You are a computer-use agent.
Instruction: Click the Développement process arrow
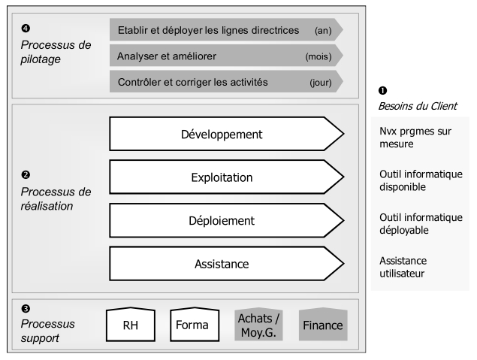227,134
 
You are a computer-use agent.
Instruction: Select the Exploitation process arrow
227,177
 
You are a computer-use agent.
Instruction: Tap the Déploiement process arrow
227,220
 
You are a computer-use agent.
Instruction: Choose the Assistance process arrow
227,264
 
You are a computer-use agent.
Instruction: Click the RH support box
131,325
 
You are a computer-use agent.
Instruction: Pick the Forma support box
195,325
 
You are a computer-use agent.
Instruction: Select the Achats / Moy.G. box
258,325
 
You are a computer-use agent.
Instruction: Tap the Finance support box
323,325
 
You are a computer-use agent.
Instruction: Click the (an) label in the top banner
323,30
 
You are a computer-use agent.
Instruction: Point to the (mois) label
319,56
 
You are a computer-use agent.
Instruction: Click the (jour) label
321,83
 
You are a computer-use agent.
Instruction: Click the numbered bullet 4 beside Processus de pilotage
26,29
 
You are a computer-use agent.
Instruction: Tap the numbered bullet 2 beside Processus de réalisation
26,175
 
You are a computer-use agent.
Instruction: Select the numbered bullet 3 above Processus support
26,309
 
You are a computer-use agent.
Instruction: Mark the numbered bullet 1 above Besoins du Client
382,91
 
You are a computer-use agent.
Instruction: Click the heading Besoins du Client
418,106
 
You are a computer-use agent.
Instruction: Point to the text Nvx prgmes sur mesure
415,138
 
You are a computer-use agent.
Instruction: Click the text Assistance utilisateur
403,267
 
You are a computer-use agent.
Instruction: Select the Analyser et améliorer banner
227,56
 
